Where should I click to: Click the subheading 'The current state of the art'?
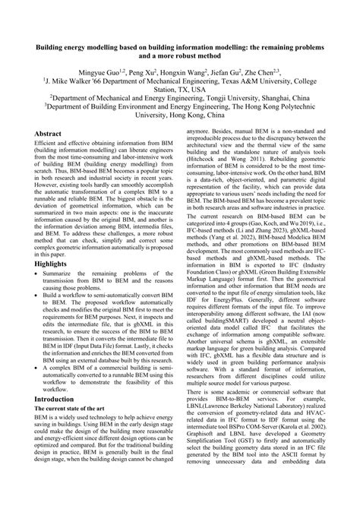72,432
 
